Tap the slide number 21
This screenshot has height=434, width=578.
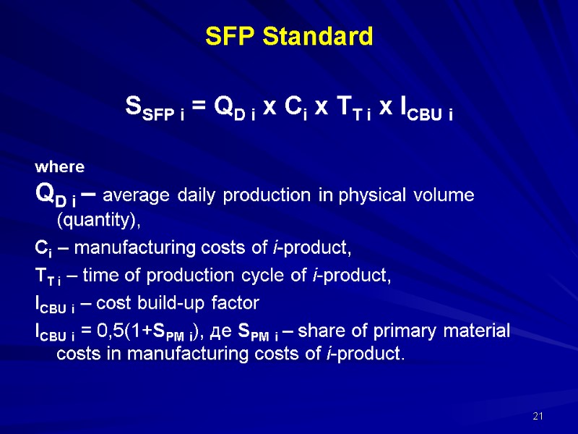[537, 416]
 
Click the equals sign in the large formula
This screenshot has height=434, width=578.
[200, 107]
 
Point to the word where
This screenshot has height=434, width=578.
[60, 167]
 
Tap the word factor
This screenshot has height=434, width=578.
[236, 302]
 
